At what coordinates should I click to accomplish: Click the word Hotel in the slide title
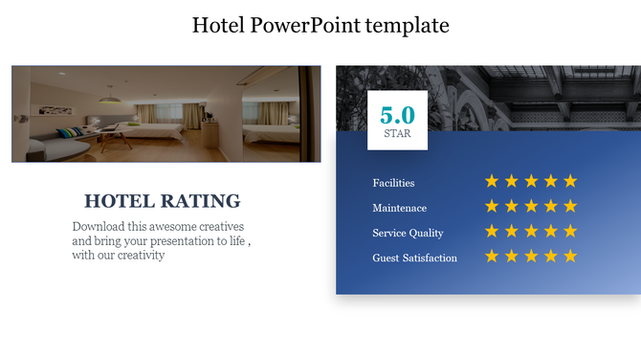pos(218,25)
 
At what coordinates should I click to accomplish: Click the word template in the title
pos(408,25)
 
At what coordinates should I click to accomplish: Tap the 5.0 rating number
pos(397,115)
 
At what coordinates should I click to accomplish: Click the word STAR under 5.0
pos(397,134)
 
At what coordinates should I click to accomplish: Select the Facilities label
pos(393,183)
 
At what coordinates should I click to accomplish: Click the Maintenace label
pos(399,208)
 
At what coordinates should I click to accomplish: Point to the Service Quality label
pos(408,233)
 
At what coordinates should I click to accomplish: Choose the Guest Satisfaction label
pos(414,258)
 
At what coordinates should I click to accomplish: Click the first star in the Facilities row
pos(492,181)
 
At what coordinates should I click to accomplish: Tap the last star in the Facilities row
pos(570,181)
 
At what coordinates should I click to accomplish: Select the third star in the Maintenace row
pos(531,206)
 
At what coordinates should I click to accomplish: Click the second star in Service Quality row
pos(512,231)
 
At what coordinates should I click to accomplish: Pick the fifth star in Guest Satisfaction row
pos(570,256)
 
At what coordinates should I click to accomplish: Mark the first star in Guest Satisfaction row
pos(492,256)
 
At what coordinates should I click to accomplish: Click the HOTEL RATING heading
pos(162,201)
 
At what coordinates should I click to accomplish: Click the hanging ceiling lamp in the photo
pos(112,99)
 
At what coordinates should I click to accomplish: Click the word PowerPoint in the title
pos(306,25)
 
